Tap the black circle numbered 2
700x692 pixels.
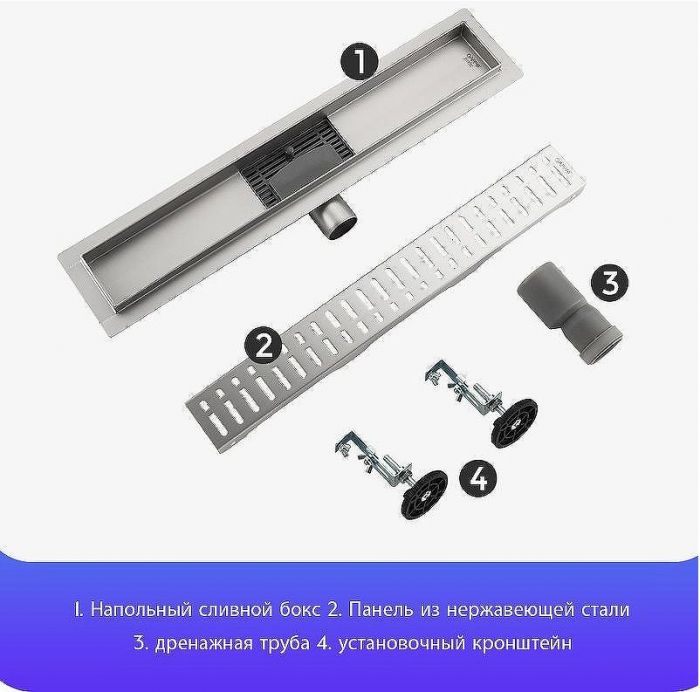(x=264, y=346)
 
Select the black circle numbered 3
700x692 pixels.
(x=609, y=283)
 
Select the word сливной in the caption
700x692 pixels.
(x=226, y=609)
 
